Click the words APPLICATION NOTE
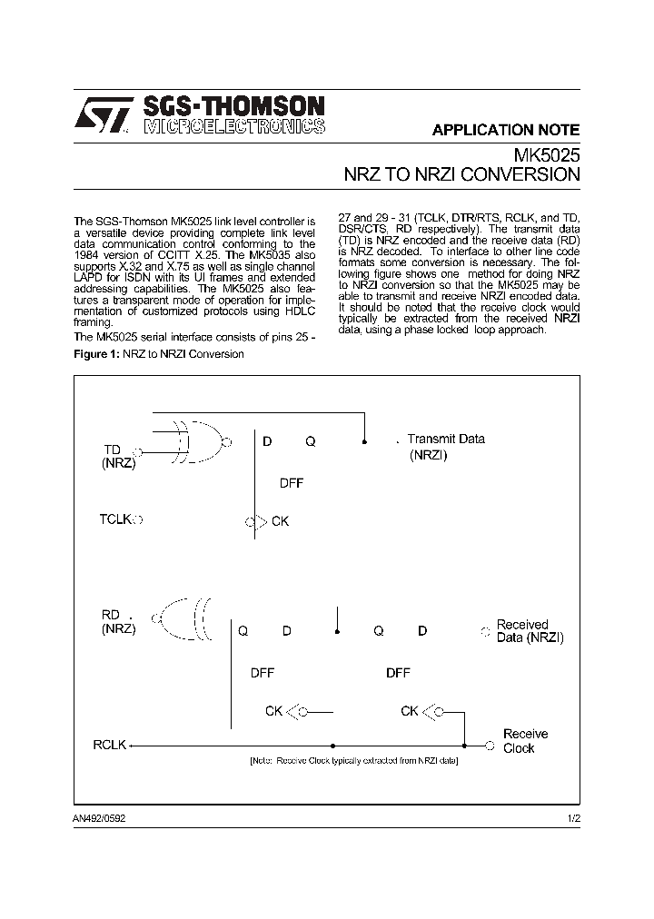(505, 130)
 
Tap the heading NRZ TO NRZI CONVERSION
(461, 174)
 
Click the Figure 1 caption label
(158, 353)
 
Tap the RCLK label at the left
(110, 746)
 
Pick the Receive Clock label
(525, 741)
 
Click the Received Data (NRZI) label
(530, 631)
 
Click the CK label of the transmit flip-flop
(280, 522)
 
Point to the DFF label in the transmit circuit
(291, 483)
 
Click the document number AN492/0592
(106, 818)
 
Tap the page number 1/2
(572, 818)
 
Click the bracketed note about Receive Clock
(353, 760)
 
